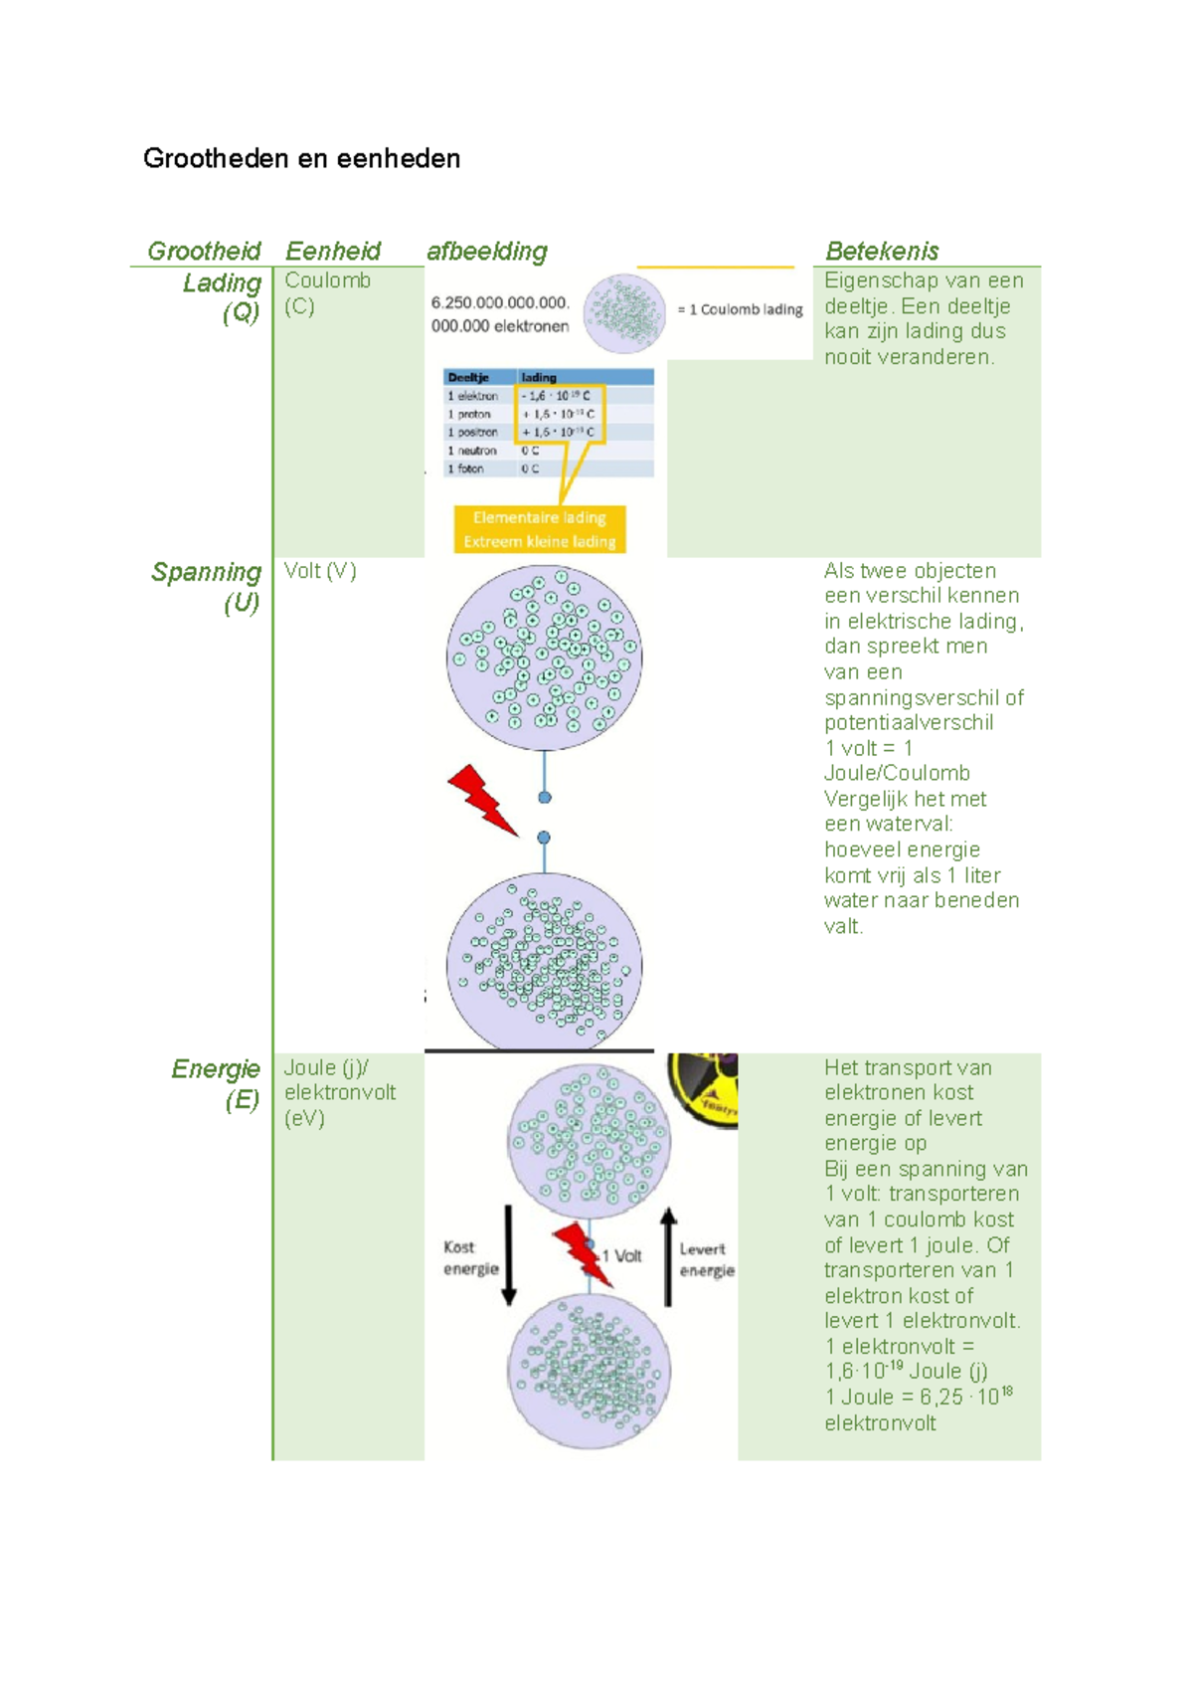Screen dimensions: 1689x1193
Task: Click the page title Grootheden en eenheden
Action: click(x=301, y=159)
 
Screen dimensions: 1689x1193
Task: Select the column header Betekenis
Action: click(x=882, y=251)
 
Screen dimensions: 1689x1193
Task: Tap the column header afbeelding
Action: click(x=487, y=251)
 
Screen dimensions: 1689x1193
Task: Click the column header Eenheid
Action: click(x=333, y=251)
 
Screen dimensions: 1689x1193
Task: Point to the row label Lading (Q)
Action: click(x=222, y=297)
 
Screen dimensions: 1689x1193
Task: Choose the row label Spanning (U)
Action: click(x=207, y=587)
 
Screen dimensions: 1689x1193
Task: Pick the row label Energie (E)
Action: click(x=216, y=1083)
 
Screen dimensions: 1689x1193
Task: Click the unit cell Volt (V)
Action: click(x=320, y=571)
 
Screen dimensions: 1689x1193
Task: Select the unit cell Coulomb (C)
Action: click(x=327, y=293)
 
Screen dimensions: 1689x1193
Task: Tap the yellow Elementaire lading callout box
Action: click(x=540, y=529)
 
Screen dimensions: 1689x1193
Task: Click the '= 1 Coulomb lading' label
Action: click(x=740, y=309)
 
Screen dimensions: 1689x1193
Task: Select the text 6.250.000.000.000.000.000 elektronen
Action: click(x=500, y=314)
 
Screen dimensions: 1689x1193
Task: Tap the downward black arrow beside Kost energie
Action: click(x=509, y=1255)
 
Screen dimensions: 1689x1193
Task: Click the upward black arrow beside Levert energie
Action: click(x=669, y=1256)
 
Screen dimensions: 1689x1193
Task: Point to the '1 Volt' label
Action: click(x=622, y=1255)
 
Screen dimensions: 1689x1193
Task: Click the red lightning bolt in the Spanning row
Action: click(x=482, y=799)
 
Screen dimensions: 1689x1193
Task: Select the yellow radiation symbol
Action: click(x=703, y=1087)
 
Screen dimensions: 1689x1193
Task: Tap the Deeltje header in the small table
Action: click(x=468, y=377)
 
